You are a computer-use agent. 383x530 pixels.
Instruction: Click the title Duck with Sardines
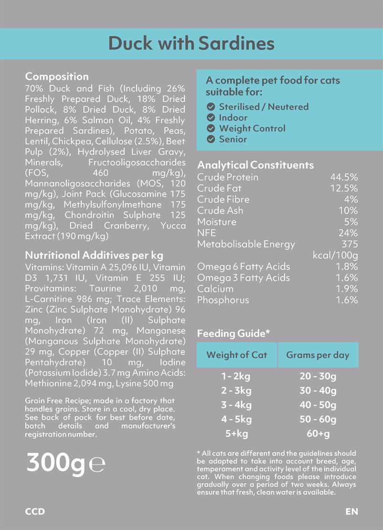pos(191,43)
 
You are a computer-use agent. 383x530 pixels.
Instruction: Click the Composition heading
pos(57,77)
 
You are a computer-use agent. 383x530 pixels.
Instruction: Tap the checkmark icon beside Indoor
pos(211,117)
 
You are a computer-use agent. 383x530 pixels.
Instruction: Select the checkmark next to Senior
pos(211,139)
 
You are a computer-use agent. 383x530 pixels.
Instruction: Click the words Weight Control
pos(252,128)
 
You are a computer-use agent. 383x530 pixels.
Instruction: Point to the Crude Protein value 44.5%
pos(344,177)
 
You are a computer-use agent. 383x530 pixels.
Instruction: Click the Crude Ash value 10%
pos(348,211)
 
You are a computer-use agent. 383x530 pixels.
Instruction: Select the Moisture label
pos(217,222)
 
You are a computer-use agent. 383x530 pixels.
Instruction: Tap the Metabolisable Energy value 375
pos(350,244)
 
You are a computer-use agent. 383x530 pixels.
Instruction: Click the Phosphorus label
pos(223,300)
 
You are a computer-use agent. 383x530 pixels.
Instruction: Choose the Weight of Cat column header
pos(236,355)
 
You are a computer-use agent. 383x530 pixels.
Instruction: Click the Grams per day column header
pos(318,355)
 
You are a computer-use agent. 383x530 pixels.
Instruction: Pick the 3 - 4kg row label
pos(236,405)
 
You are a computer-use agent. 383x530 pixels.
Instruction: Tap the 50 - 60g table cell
pos(318,420)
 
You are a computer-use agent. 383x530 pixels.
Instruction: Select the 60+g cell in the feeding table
pos(318,434)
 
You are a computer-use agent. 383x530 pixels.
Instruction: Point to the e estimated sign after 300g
pos(97,465)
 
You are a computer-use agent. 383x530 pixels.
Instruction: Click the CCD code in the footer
pos(35,511)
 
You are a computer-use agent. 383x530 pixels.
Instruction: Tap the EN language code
pos(351,511)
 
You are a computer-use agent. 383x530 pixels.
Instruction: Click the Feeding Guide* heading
pos(233,334)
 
